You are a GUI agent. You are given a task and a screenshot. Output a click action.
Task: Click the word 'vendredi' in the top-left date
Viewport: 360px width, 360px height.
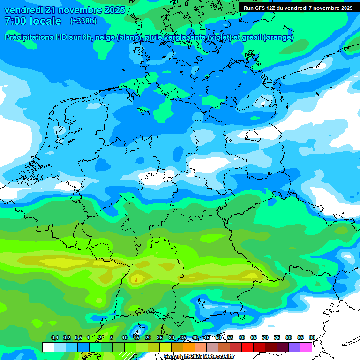[x=22, y=10]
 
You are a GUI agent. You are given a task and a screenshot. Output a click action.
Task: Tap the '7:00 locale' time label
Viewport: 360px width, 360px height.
[x=33, y=21]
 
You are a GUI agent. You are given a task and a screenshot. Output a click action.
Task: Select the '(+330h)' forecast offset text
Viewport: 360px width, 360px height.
[x=83, y=21]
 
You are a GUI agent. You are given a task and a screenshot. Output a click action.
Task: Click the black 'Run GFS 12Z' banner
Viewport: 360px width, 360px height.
[x=298, y=8]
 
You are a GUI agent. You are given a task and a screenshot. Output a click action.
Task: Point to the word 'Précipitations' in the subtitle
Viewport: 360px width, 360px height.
[x=34, y=37]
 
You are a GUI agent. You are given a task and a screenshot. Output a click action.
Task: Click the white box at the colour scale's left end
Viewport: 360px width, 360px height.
[x=48, y=347]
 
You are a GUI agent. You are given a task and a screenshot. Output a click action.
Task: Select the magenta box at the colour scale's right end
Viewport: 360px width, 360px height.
[x=306, y=347]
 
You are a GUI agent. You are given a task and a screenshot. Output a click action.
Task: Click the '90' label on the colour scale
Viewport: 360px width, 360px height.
[x=312, y=337]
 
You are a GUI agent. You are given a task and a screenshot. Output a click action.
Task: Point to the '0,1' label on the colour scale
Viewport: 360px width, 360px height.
[x=55, y=337]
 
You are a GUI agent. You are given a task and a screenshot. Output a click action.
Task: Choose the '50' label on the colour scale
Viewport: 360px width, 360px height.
[x=218, y=337]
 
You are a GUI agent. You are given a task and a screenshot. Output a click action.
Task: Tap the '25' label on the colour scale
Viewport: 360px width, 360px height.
[x=160, y=337]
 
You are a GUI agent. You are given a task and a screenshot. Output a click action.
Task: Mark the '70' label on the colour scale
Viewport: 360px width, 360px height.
[x=265, y=337]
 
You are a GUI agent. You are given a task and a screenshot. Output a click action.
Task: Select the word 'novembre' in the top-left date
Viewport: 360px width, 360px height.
[x=75, y=10]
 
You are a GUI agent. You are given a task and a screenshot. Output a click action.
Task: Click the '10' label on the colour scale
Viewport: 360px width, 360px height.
[x=125, y=337]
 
